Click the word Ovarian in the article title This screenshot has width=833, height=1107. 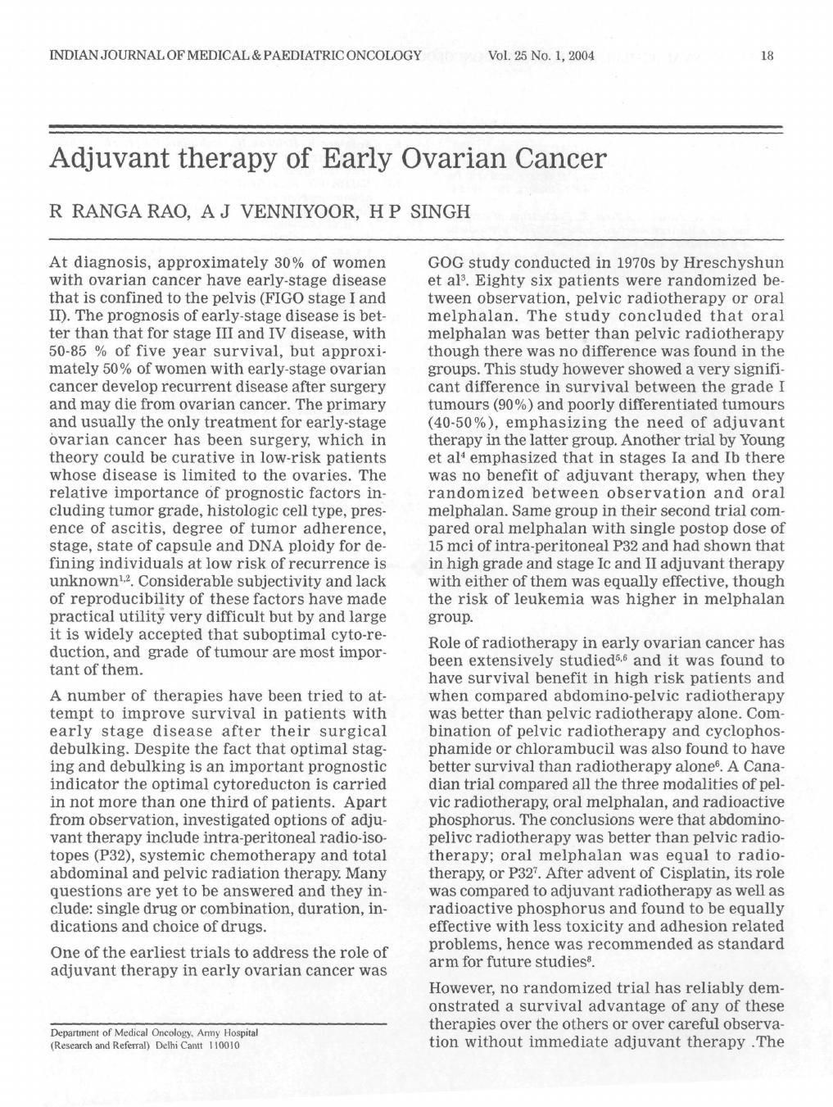pyautogui.click(x=441, y=157)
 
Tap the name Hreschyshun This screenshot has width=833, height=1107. pyautogui.click(x=736, y=263)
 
